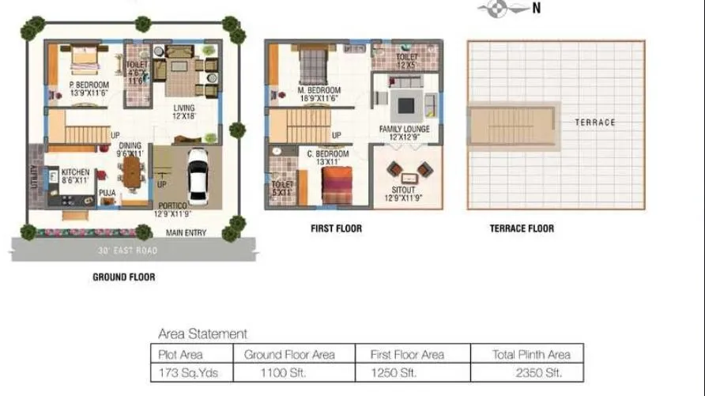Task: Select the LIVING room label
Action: (184, 108)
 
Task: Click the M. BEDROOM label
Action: (319, 90)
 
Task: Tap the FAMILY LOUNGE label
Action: (404, 129)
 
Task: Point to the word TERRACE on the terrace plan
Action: (594, 123)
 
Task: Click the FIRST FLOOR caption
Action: (336, 228)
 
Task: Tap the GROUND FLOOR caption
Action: (123, 277)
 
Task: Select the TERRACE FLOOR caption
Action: (521, 228)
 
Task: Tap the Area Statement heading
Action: (202, 334)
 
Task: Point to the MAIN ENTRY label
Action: (185, 232)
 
